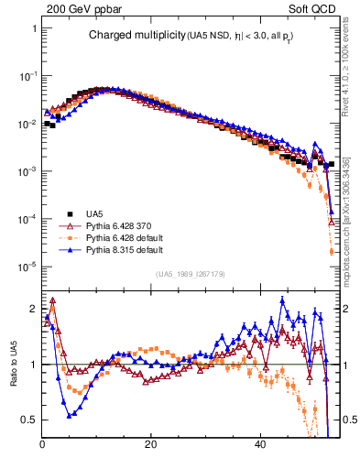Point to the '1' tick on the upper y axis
[x=34, y=28]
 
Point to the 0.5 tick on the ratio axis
[x=30, y=420]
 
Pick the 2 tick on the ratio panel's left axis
[x=34, y=309]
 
